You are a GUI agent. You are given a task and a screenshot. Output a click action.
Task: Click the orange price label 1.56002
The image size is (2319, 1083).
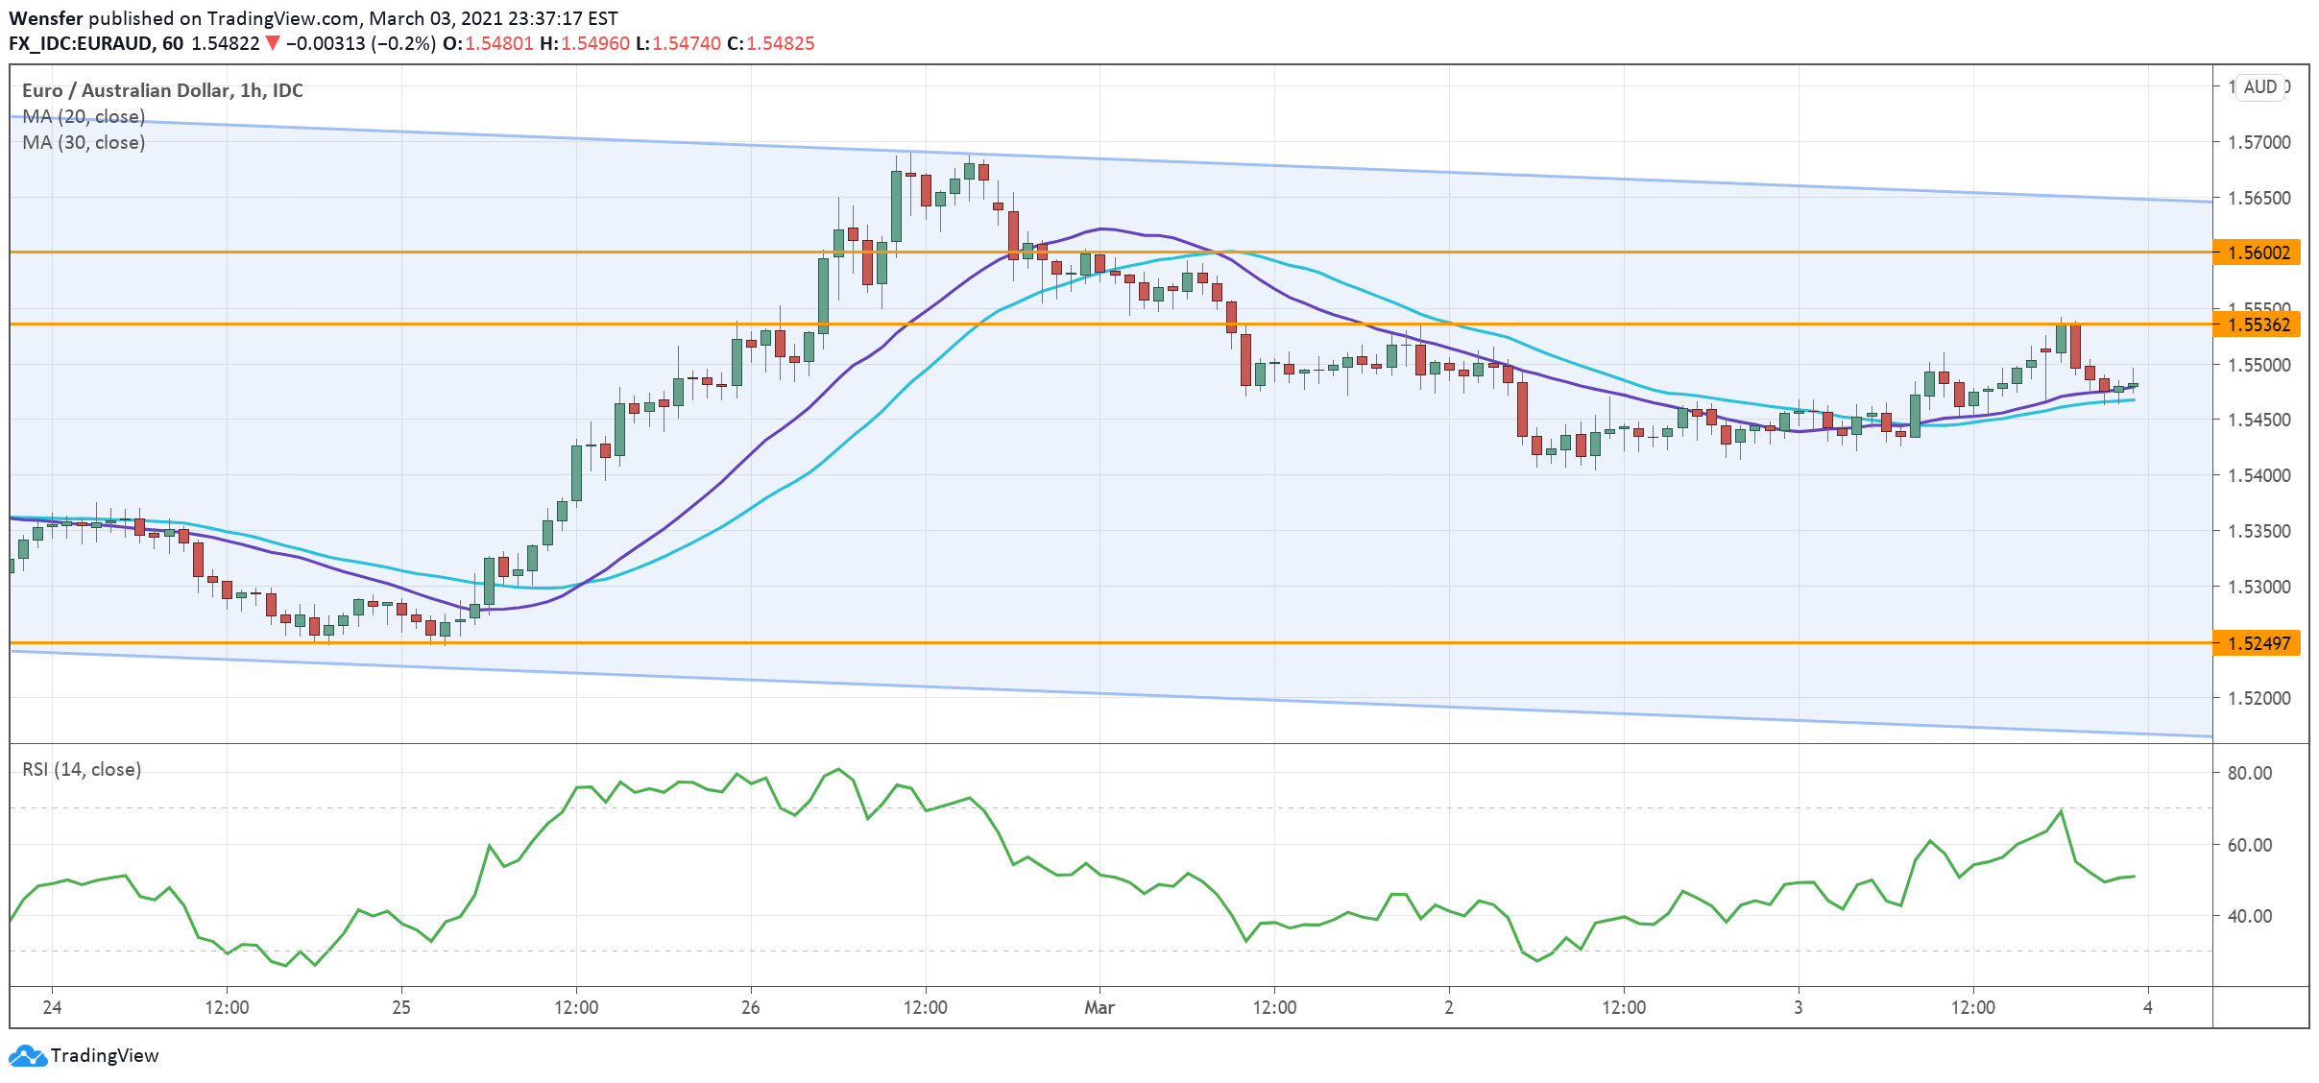pos(2259,253)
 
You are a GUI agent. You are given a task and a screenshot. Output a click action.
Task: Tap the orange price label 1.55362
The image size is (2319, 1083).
pos(2259,325)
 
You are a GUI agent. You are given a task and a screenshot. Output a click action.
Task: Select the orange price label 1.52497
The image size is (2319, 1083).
pos(2259,643)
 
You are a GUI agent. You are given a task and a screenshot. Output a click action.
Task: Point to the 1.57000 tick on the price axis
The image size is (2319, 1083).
pos(2259,142)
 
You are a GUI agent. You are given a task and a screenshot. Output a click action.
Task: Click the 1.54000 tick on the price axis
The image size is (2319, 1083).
pos(2259,475)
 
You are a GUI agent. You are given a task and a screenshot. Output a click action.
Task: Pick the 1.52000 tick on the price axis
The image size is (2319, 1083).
pos(2259,698)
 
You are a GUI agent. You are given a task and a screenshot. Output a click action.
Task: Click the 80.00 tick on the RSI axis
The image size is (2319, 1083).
pos(2249,773)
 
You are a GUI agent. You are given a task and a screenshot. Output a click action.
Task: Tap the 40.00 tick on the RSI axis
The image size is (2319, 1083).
pos(2249,916)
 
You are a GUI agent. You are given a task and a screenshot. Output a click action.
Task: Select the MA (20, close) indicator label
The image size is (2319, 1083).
pos(84,116)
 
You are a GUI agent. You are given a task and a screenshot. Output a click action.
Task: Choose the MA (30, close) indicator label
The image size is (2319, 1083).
pos(84,142)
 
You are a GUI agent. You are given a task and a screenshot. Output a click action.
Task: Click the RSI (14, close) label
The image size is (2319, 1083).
pos(82,769)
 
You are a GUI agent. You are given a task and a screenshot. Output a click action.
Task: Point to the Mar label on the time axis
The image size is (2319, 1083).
pos(1099,1007)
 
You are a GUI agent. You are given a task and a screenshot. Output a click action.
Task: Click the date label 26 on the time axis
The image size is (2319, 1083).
pos(750,1007)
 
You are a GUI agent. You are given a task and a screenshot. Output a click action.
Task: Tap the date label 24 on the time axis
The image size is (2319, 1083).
pos(52,1007)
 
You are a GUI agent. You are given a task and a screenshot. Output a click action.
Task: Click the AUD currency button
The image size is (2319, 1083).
pos(2260,86)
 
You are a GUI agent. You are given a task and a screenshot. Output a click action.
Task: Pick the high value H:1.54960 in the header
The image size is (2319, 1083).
pos(585,43)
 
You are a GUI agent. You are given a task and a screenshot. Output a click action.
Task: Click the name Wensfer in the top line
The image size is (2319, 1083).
pos(45,18)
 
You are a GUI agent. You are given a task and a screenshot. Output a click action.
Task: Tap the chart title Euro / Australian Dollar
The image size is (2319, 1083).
pos(126,90)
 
